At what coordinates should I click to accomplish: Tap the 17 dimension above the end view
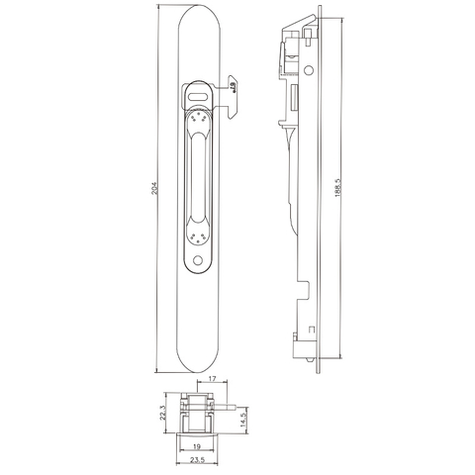pos(215,377)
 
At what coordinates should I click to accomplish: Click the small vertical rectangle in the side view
pos(294,99)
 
